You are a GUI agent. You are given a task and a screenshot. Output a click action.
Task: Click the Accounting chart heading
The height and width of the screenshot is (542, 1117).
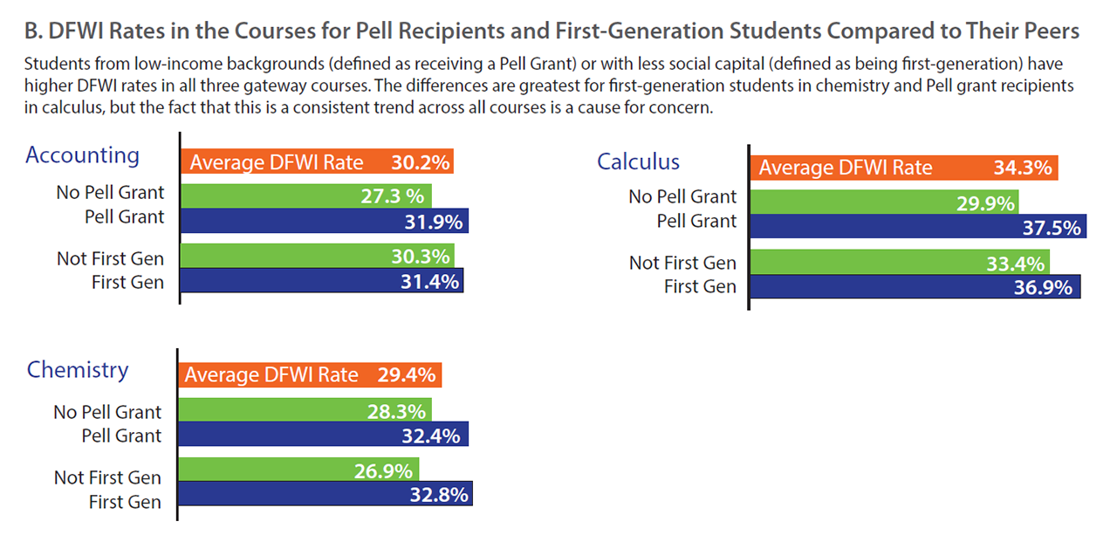[82, 155]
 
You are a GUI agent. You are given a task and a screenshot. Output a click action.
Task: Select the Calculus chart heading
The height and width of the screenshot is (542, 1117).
[638, 161]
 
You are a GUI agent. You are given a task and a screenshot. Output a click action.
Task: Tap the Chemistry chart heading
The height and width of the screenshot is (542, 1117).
[78, 369]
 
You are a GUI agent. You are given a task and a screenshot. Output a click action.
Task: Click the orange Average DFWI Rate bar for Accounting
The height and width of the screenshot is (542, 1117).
[318, 162]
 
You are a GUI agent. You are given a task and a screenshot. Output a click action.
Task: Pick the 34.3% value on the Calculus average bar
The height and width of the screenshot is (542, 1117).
[1022, 168]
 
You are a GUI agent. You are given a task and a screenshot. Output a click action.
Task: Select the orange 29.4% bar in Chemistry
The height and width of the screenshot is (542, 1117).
[311, 375]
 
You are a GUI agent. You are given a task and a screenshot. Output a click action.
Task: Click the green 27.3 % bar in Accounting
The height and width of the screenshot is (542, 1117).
[306, 196]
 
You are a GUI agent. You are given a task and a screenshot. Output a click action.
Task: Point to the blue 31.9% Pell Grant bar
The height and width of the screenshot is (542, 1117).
[325, 221]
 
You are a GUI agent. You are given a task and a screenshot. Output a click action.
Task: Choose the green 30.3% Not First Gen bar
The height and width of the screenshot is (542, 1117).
[318, 256]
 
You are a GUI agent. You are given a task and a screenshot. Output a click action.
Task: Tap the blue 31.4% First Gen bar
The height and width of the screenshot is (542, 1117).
[321, 280]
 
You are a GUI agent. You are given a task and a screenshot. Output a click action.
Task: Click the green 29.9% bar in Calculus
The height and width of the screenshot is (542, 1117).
[884, 202]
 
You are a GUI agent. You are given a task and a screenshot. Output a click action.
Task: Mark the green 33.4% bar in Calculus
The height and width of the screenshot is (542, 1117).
[900, 263]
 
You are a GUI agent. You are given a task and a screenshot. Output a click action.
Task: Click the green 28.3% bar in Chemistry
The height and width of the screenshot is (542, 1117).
[305, 410]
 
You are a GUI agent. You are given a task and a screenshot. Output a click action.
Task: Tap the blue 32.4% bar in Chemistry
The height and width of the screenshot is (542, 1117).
[324, 435]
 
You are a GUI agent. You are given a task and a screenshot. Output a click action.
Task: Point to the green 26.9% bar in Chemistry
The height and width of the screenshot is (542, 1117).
[299, 470]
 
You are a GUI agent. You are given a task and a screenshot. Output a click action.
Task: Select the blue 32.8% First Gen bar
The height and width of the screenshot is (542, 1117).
[326, 494]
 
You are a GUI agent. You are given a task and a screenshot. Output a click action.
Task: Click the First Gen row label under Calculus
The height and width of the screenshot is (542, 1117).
[700, 286]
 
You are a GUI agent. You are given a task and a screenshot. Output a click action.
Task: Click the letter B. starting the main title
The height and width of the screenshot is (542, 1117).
[33, 31]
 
